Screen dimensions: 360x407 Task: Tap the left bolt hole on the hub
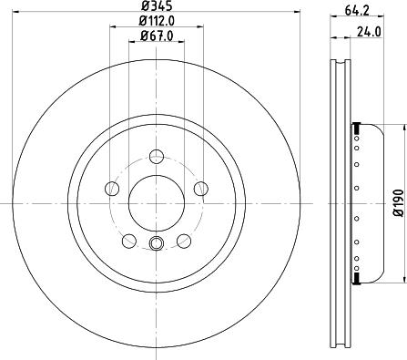click(113, 188)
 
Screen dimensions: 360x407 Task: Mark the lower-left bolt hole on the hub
click(128, 239)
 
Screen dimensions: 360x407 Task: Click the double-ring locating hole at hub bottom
click(155, 242)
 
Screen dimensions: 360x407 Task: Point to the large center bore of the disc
click(155, 200)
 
